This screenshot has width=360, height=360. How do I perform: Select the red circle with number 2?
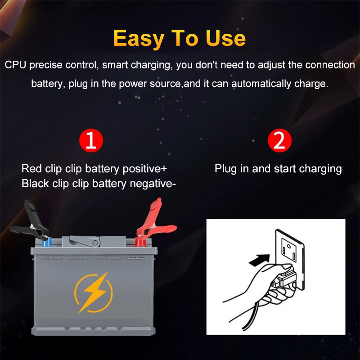click(x=279, y=140)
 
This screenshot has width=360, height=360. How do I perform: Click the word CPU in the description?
click(x=15, y=65)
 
